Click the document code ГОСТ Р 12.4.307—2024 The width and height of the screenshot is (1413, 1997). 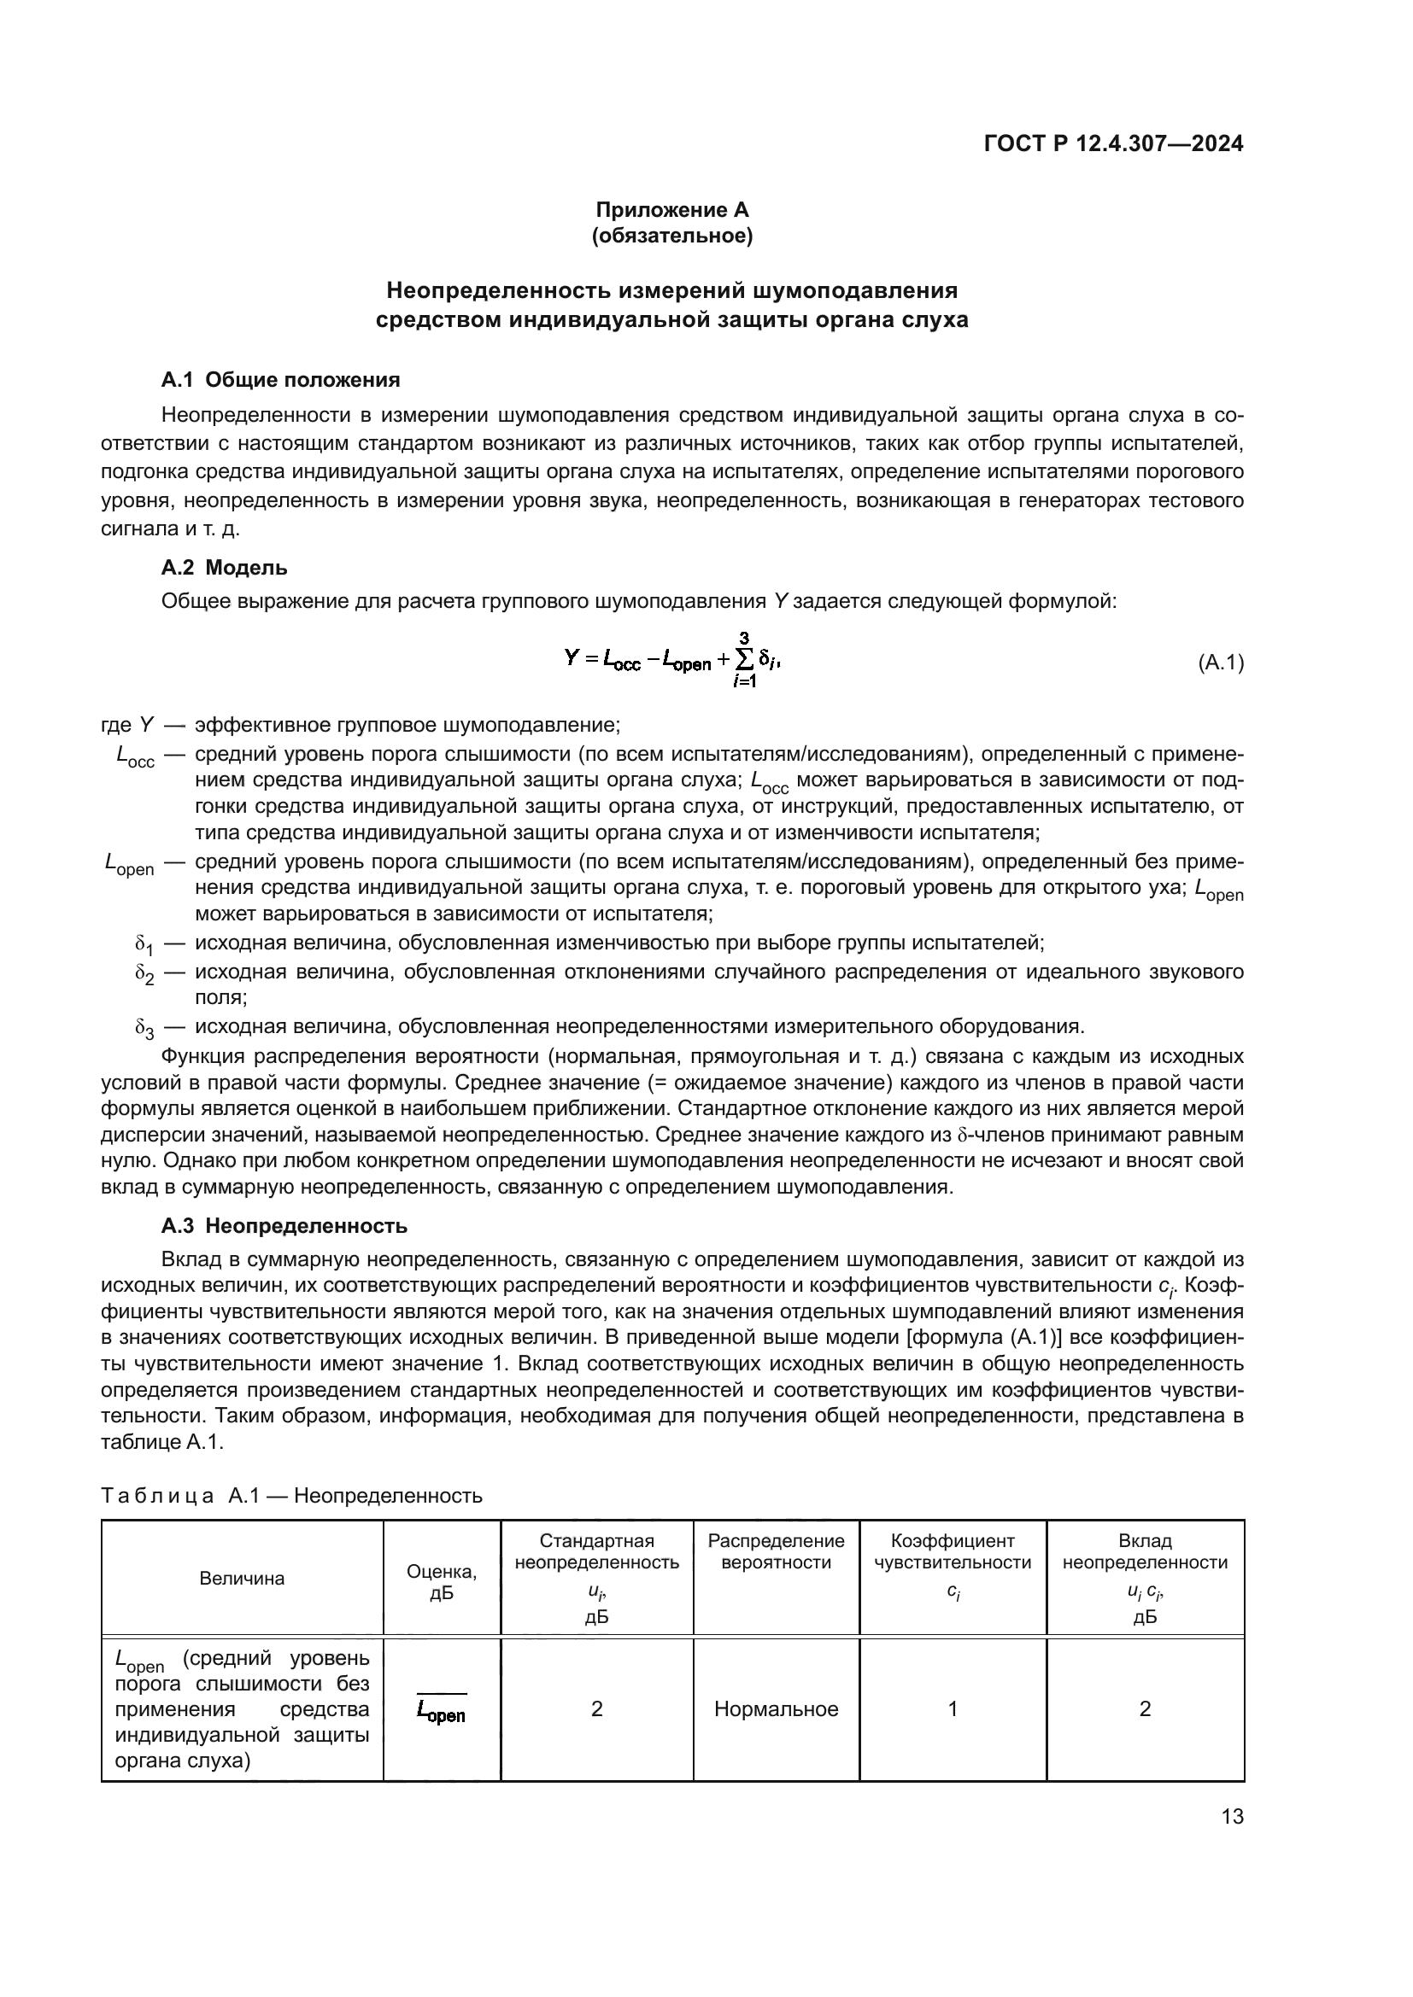pyautogui.click(x=1113, y=143)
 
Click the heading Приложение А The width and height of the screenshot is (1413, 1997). pyautogui.click(x=671, y=210)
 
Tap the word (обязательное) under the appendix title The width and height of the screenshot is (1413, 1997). pyautogui.click(x=671, y=236)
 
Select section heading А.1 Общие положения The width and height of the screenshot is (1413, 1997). pyautogui.click(x=280, y=379)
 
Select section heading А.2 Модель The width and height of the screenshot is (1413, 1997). pyautogui.click(x=224, y=567)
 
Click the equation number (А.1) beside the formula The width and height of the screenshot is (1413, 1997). pyautogui.click(x=1221, y=663)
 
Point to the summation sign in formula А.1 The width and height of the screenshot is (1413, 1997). pyautogui.click(x=745, y=662)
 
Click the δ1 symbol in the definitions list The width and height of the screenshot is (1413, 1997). pyautogui.click(x=144, y=943)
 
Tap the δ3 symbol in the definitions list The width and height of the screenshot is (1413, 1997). pyautogui.click(x=144, y=1028)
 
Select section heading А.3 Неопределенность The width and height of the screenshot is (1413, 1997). pyautogui.click(x=284, y=1225)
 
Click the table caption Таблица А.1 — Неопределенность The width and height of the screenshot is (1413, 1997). pyautogui.click(x=291, y=1495)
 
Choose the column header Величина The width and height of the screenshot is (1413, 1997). pyautogui.click(x=242, y=1578)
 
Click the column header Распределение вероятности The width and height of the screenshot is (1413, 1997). pyautogui.click(x=775, y=1550)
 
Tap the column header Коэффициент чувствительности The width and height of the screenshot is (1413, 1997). pyautogui.click(x=952, y=1550)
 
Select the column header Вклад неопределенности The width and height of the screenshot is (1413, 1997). pyautogui.click(x=1144, y=1550)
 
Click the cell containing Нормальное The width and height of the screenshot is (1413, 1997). pyautogui.click(x=775, y=1708)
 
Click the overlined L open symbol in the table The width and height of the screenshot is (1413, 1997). pyautogui.click(x=441, y=1710)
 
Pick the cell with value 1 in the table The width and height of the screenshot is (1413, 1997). pyautogui.click(x=952, y=1708)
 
